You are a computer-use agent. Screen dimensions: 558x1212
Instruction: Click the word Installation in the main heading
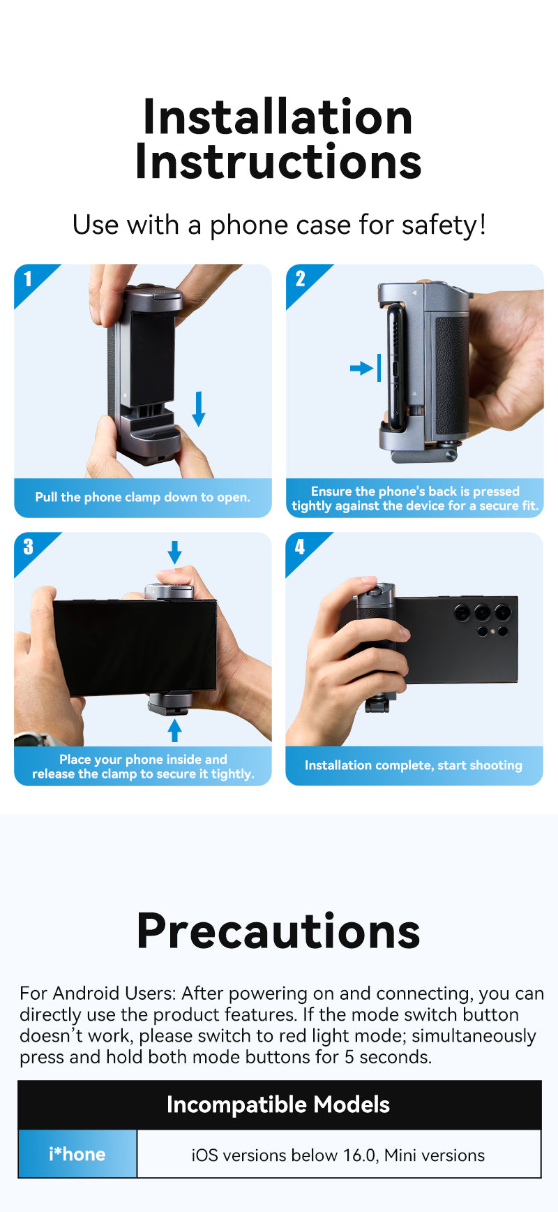tap(278, 117)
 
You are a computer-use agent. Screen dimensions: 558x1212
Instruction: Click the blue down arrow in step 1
tap(199, 409)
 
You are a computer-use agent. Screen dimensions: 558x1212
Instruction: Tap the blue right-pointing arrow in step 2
tap(362, 368)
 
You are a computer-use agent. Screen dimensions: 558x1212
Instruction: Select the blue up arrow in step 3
tap(174, 730)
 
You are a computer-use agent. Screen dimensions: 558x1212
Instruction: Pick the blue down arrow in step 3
tap(174, 552)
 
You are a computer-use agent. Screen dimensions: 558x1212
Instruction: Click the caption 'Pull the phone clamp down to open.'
tap(142, 497)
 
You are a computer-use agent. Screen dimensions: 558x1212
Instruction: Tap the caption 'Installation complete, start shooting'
tap(414, 765)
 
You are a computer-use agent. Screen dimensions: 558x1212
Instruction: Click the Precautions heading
tap(278, 931)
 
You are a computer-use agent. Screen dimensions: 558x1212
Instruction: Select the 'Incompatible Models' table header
tap(278, 1104)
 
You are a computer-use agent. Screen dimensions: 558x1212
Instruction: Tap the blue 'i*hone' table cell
tap(77, 1154)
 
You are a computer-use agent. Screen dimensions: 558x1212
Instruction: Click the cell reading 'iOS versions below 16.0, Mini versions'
tap(338, 1155)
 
